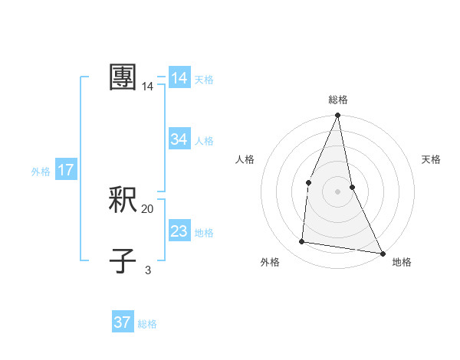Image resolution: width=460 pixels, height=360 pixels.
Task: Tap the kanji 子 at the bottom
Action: pos(123,260)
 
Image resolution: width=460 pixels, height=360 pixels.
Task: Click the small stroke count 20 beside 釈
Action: pos(148,208)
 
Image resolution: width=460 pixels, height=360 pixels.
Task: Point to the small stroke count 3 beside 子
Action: pos(148,270)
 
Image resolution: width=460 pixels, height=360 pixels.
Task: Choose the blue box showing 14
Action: pos(179,78)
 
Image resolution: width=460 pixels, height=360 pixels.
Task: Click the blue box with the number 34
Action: pos(179,139)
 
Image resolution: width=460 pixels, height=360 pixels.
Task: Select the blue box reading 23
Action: pos(179,231)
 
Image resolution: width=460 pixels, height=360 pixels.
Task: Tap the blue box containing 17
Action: pos(66,170)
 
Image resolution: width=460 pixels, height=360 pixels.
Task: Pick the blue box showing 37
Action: pos(123,322)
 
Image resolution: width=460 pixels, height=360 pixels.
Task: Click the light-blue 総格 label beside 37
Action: pos(147,324)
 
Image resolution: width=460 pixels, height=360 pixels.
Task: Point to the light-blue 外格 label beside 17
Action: pos(41,172)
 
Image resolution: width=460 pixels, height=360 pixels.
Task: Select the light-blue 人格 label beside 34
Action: pos(205,141)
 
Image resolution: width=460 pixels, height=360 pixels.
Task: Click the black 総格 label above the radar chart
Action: pos(337,100)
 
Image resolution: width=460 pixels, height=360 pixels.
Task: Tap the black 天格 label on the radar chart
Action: pos(431,159)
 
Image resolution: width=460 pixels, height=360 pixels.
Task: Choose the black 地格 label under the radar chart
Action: pos(402,262)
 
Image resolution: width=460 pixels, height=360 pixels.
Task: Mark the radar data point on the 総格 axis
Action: pos(337,116)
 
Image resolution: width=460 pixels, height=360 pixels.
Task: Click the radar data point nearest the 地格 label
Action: pos(382,253)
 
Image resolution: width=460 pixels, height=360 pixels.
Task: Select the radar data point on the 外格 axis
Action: pos(302,242)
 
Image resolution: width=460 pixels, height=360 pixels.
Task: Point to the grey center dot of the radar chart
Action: pos(337,191)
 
